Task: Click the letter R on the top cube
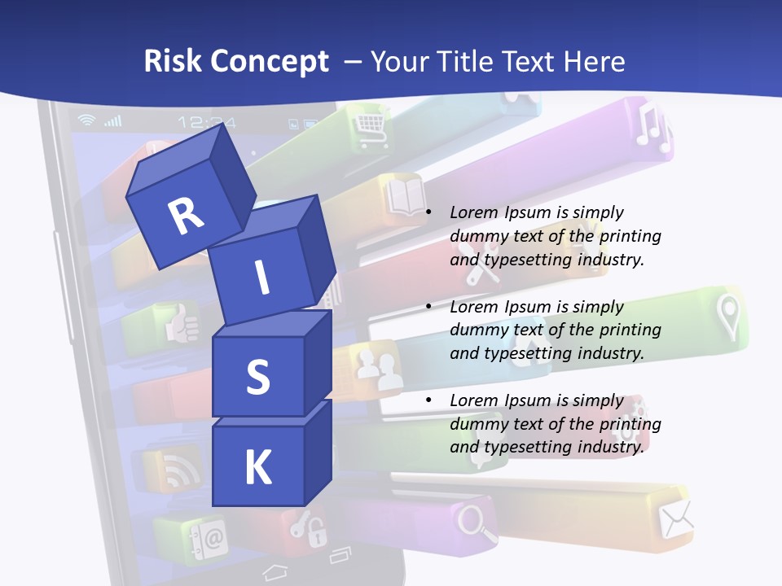click(185, 216)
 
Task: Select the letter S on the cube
click(257, 377)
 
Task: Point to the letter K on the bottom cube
click(257, 468)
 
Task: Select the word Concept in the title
click(270, 62)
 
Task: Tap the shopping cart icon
click(369, 126)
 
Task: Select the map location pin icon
click(728, 315)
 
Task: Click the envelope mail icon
click(675, 518)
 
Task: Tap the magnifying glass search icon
click(477, 523)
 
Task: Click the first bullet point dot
click(428, 213)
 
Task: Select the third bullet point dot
click(428, 401)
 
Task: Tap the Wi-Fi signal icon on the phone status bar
click(86, 121)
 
